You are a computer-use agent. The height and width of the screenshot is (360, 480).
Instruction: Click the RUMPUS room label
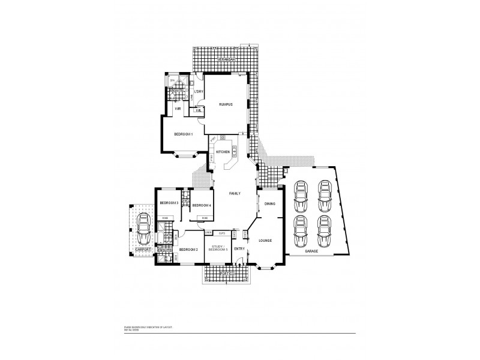pos(225,104)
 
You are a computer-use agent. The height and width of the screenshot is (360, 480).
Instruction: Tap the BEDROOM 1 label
pos(183,134)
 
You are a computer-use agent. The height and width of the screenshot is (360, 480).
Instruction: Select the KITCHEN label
pos(223,152)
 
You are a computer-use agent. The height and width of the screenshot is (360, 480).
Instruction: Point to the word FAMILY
pos(235,194)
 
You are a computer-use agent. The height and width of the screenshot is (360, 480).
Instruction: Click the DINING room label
pos(269,204)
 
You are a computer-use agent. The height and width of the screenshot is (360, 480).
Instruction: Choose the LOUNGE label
pos(265,241)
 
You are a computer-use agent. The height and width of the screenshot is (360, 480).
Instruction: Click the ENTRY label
pos(239,248)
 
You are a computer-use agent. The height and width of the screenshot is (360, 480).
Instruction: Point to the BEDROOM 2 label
pos(188,249)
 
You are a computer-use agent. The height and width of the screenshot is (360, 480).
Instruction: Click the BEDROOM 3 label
pos(170,203)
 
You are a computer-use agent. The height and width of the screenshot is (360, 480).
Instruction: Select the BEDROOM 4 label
pos(202,205)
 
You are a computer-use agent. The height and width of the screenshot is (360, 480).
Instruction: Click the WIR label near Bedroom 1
pos(178,109)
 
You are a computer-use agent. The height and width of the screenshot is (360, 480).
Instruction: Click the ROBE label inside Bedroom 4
pos(204,217)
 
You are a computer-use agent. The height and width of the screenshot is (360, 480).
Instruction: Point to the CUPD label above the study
pos(221,232)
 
